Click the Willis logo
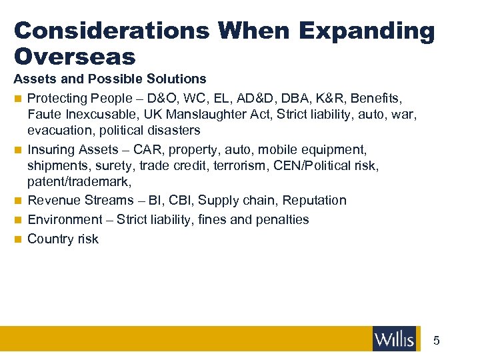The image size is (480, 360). point(395,339)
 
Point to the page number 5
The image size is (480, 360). point(437,341)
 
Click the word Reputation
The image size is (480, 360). point(315,200)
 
